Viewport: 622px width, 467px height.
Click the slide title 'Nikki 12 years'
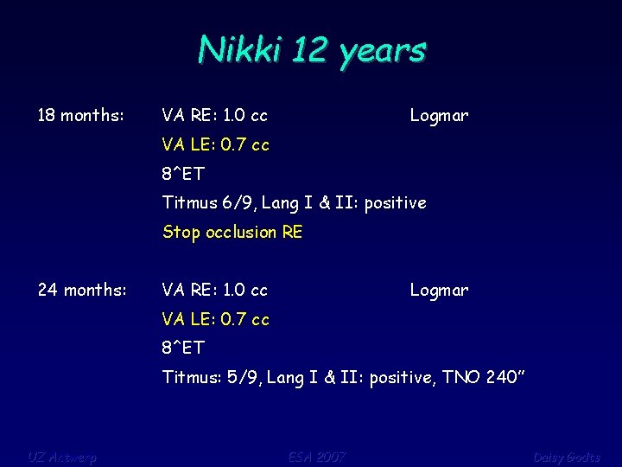(x=312, y=50)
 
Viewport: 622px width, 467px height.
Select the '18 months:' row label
(x=81, y=116)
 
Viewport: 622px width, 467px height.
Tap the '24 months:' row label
(x=82, y=291)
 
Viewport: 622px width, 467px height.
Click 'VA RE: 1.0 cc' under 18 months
(x=215, y=116)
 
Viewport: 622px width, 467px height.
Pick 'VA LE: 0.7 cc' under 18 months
(x=216, y=145)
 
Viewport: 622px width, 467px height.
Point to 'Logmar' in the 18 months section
(x=439, y=116)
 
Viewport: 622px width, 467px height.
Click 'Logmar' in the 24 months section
(x=439, y=291)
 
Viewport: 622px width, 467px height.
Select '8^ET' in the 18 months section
(x=183, y=174)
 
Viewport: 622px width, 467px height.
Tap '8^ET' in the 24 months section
(x=183, y=348)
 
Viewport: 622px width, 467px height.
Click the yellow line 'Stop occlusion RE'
(x=232, y=232)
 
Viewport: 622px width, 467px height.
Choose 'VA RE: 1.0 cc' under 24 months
(x=215, y=291)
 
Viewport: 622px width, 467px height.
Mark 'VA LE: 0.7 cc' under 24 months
(x=216, y=319)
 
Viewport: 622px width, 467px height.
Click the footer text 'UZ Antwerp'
(x=62, y=457)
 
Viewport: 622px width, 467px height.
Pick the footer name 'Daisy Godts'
(x=566, y=457)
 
